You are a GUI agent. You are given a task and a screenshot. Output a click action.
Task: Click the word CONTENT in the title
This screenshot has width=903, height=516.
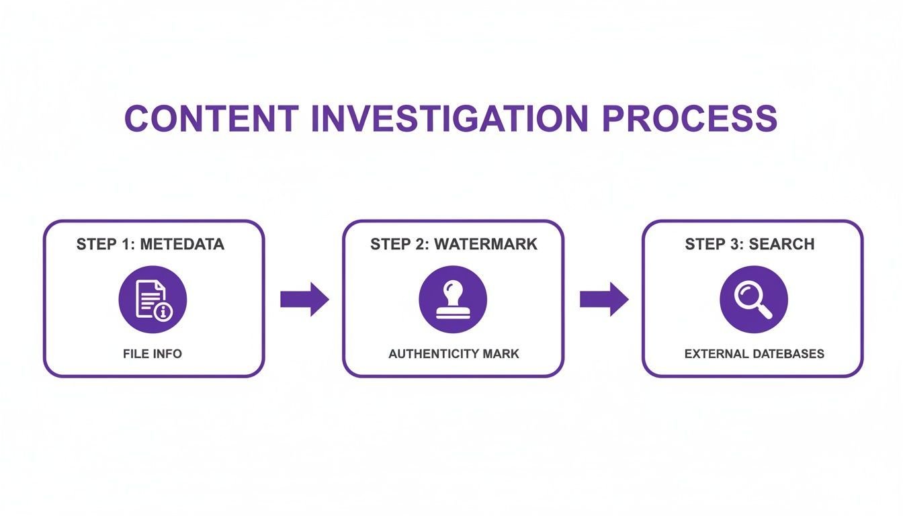[x=212, y=118]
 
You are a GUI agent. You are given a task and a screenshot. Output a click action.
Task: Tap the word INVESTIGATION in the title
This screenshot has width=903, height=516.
[x=450, y=118]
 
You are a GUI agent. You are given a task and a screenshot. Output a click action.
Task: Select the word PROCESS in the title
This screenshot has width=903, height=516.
[x=690, y=118]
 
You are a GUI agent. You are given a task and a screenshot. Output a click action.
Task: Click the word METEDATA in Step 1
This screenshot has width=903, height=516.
[x=182, y=245]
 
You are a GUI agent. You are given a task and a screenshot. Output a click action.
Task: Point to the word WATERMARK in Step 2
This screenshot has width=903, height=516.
[x=486, y=245]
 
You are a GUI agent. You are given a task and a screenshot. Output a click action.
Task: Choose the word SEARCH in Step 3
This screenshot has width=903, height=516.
[x=781, y=245]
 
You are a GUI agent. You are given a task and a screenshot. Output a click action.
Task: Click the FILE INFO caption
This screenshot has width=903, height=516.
[x=153, y=354]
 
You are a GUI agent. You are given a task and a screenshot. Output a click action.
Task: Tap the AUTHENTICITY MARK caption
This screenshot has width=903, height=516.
[x=454, y=354]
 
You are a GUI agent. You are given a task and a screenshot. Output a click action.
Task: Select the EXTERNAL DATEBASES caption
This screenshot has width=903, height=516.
[x=755, y=354]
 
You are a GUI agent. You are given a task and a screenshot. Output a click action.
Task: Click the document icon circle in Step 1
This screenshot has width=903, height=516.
[x=153, y=299]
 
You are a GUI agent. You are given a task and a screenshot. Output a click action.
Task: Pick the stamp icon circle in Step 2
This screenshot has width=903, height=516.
[x=453, y=299]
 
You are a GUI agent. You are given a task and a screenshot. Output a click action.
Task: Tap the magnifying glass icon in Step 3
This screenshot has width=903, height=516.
[x=753, y=300]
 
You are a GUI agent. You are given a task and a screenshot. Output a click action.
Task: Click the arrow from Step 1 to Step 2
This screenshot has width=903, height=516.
[x=305, y=299]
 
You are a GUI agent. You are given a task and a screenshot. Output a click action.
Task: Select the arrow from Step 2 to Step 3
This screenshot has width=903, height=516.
[x=604, y=299]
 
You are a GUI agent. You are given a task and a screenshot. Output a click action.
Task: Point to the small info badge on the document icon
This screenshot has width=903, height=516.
[x=163, y=312]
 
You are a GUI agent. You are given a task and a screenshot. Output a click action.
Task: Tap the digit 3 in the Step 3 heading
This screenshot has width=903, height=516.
[x=734, y=245]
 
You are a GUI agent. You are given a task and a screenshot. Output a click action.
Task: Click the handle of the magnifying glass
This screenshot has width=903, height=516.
[x=764, y=311]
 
